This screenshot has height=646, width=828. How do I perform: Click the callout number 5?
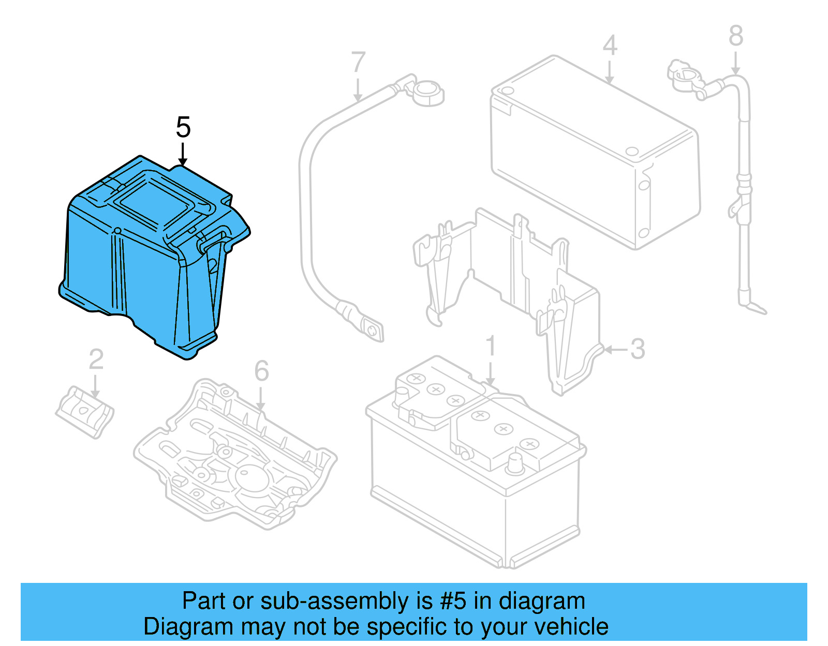pos(183,127)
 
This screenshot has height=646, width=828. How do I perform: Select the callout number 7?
pos(358,62)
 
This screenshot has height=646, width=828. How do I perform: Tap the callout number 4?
pos(610,46)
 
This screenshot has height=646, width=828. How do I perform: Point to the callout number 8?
pos(736,36)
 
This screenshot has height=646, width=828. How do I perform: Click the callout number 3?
pos(638,349)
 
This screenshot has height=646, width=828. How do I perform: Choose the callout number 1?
pos(491,346)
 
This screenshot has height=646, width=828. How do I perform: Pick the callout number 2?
pos(96,359)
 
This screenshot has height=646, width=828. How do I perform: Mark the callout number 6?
pos(261,371)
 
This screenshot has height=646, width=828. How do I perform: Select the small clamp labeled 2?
pos(85,411)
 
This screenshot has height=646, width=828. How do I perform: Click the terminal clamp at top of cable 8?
pos(684,76)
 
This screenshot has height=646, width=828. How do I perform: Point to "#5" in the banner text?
pos(453,602)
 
